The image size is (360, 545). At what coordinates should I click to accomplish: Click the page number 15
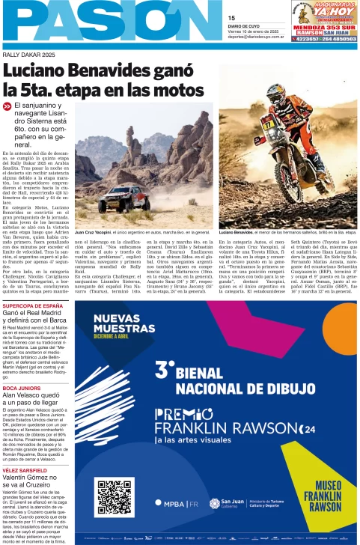click(x=231, y=17)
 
